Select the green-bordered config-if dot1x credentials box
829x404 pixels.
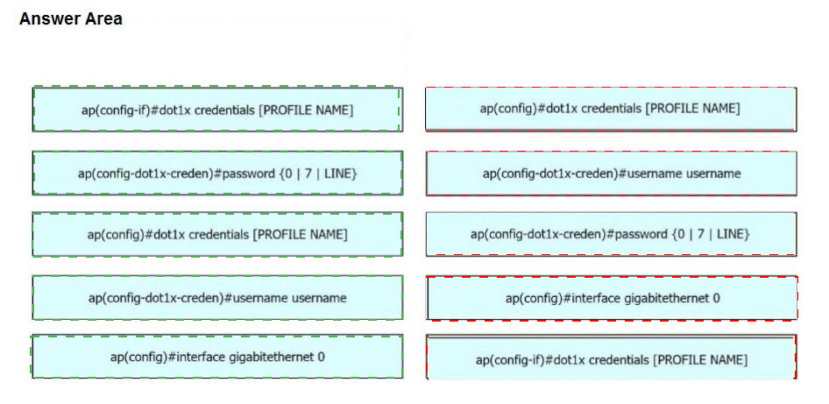pos(217,110)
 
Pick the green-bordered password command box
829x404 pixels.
pos(217,173)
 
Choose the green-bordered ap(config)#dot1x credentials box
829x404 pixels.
pos(217,234)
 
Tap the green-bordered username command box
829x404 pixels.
pos(217,298)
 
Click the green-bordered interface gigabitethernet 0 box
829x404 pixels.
pos(217,357)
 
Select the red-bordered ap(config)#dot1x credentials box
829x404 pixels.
pos(611,109)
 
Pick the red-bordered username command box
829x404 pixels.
pos(611,174)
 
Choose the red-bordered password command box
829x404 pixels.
pos(611,234)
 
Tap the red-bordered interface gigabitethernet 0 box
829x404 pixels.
pos(613,298)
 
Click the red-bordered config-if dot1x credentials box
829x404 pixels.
pos(611,358)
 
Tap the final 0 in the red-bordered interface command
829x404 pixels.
pos(716,298)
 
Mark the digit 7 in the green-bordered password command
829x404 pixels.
pos(308,174)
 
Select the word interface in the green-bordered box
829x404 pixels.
pos(202,357)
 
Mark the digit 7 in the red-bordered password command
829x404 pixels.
pos(700,234)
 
